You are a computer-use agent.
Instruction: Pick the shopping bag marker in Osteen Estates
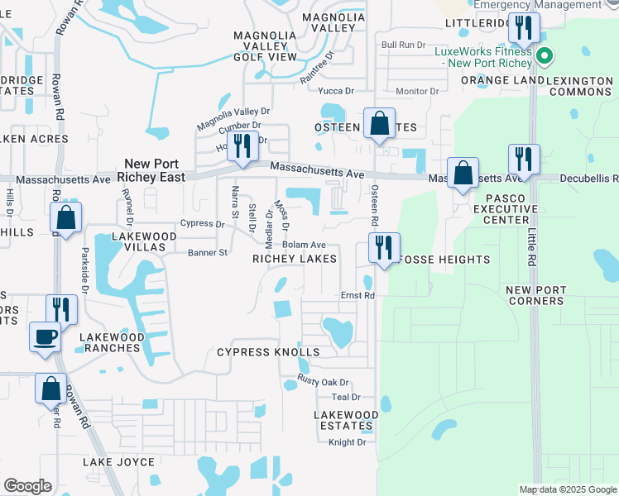tap(379, 123)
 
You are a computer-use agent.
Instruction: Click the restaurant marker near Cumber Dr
tap(242, 146)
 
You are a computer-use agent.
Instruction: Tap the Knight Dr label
tap(347, 442)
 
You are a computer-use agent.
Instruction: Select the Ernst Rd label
tap(358, 295)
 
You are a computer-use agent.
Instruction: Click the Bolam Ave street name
tap(304, 245)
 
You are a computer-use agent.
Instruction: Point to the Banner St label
tap(207, 252)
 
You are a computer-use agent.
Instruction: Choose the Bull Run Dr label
tap(403, 45)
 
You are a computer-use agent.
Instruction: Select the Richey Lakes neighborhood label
tap(295, 259)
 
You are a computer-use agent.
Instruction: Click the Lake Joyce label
tap(118, 462)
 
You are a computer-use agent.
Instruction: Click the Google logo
tap(27, 486)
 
